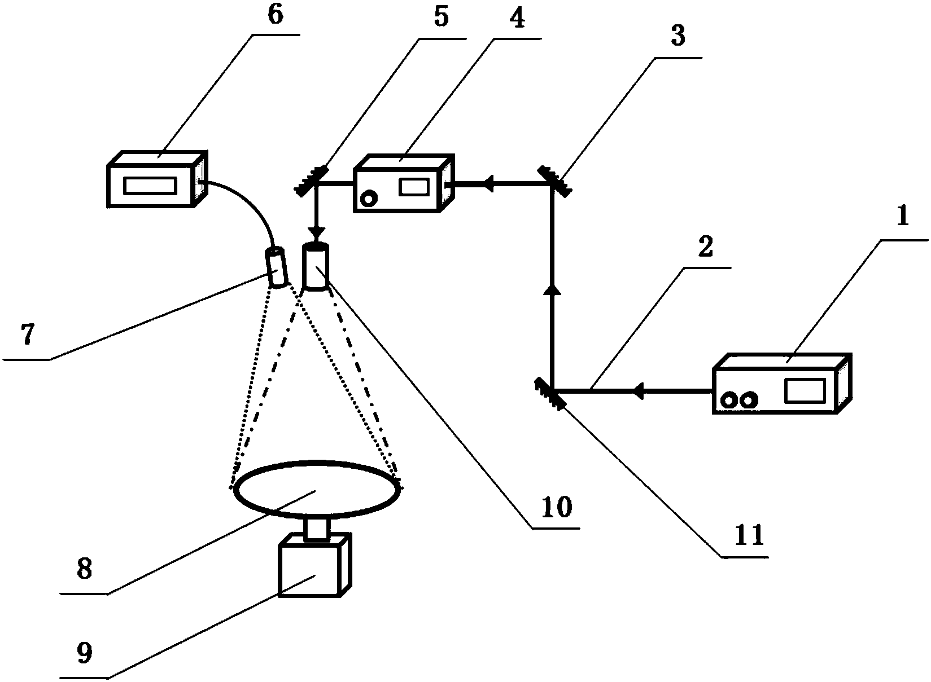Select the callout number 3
tap(677, 36)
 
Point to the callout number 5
tap(441, 17)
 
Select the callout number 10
tap(556, 507)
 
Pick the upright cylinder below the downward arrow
tap(315, 266)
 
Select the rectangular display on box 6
tap(151, 185)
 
